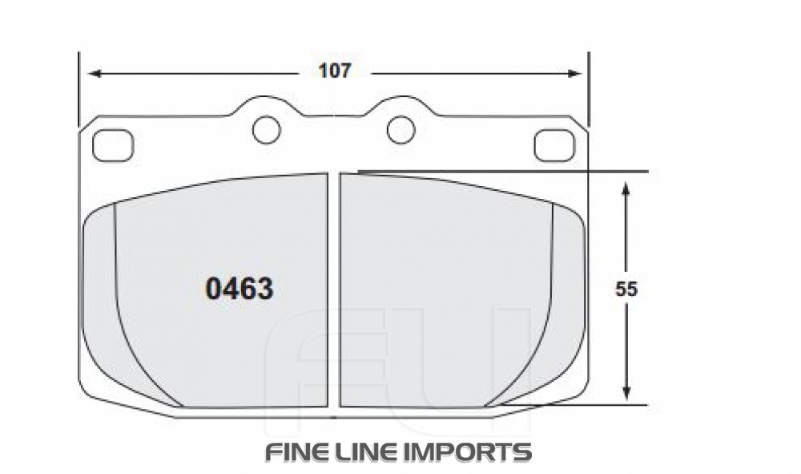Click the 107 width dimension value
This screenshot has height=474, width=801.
[335, 71]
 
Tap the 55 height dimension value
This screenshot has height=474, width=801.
[626, 290]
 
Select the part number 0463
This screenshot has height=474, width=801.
[239, 289]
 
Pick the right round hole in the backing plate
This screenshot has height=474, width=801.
[400, 129]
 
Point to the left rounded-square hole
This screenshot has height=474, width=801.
[111, 145]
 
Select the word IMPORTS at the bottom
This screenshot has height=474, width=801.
[470, 452]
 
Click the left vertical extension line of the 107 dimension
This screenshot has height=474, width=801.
[78, 88]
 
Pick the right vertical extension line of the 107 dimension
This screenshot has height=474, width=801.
[589, 88]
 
